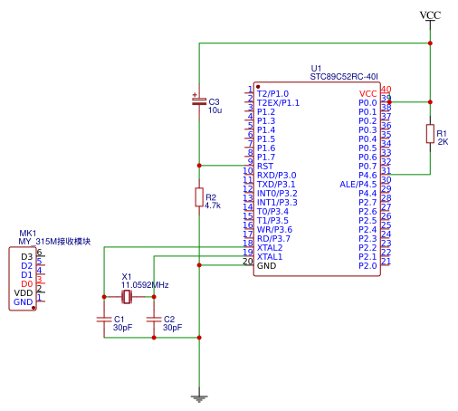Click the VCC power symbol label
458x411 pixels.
click(x=430, y=15)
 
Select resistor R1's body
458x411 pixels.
click(x=430, y=134)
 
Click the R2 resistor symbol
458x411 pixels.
click(x=199, y=197)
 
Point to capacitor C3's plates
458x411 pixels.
click(x=199, y=101)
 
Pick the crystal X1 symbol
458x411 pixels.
click(x=127, y=297)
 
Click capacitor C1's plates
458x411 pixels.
click(x=104, y=320)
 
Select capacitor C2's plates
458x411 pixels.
click(x=154, y=320)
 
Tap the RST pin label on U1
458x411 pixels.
click(x=265, y=167)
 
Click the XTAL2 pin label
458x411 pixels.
click(x=270, y=248)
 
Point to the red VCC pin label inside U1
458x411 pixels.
click(x=367, y=94)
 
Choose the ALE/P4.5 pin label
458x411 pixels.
click(x=358, y=185)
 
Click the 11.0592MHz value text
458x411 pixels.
click(x=145, y=285)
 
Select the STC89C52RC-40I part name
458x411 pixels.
click(x=344, y=77)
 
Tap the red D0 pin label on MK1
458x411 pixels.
click(x=27, y=284)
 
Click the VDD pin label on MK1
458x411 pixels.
click(x=24, y=293)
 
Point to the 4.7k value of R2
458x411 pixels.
click(x=213, y=205)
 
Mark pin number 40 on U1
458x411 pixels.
click(x=386, y=90)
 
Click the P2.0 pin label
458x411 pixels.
click(x=367, y=266)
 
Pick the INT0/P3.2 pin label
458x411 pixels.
click(x=277, y=194)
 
